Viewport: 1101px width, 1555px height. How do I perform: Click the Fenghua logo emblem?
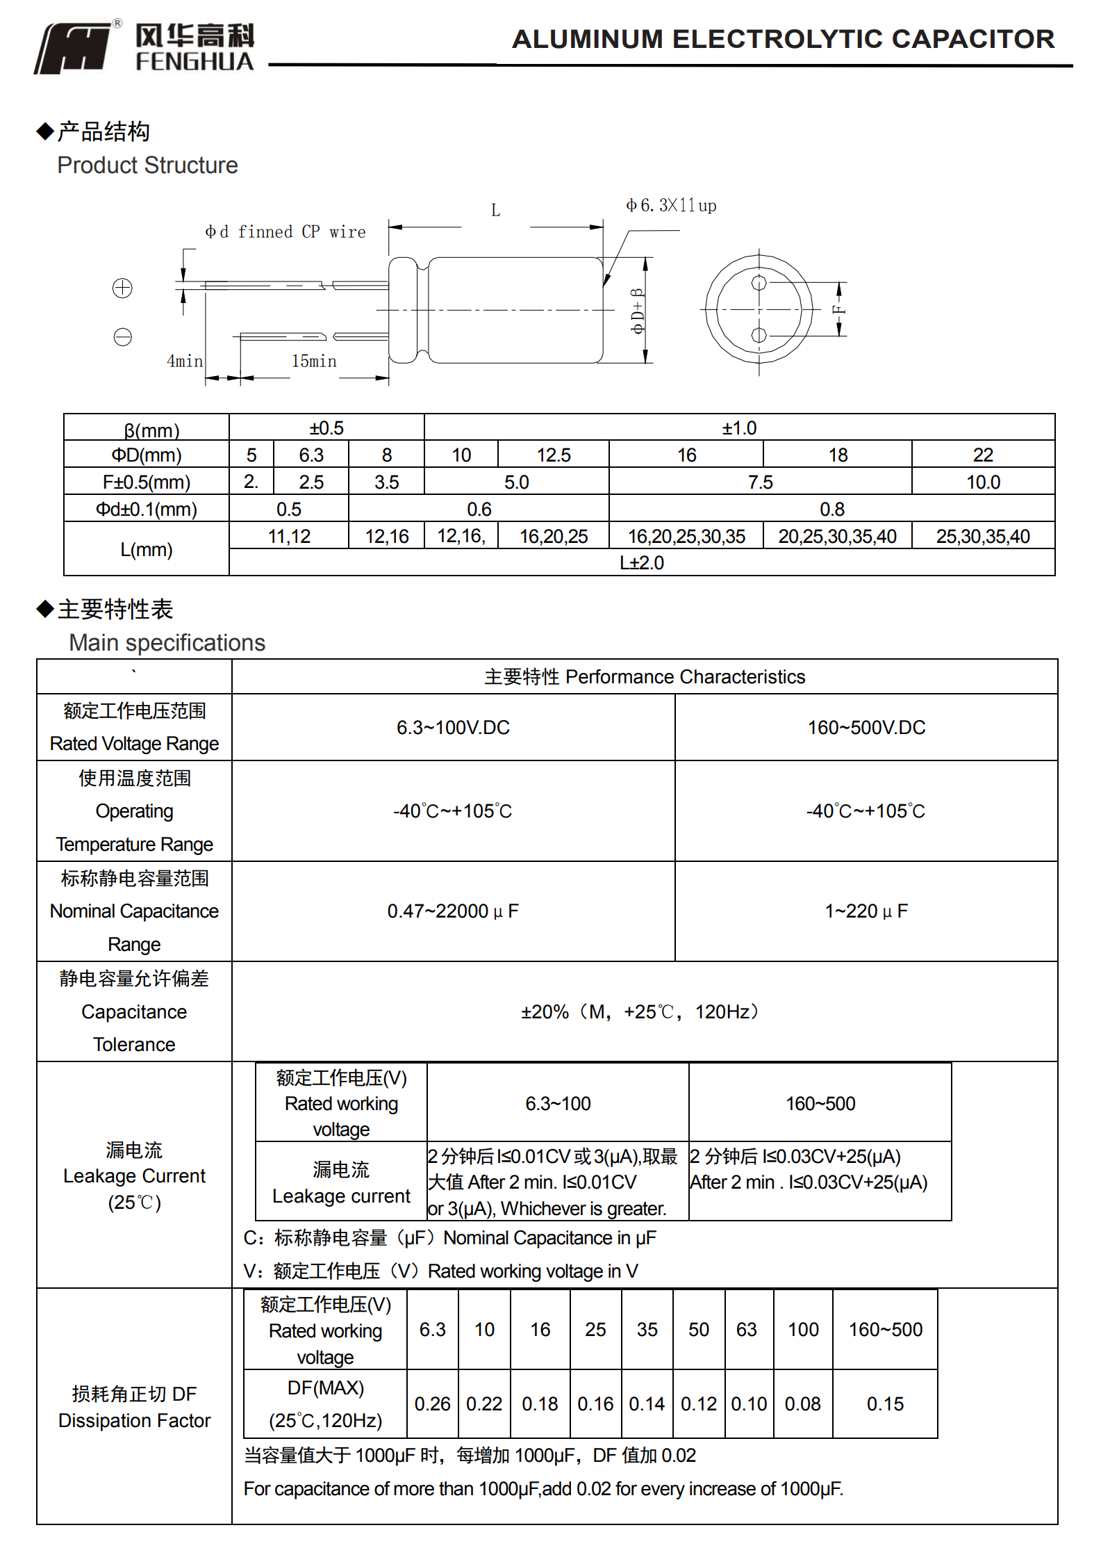tap(73, 47)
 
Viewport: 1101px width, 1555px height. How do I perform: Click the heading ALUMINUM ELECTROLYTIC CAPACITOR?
tap(783, 39)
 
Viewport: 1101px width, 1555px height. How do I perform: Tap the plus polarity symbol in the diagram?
tap(122, 288)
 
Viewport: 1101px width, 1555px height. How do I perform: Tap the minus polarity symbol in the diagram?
tap(122, 337)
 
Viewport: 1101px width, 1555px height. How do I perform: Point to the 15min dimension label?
tap(314, 361)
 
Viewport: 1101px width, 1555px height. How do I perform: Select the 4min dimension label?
tap(185, 361)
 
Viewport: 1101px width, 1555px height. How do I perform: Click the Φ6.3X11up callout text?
tap(671, 206)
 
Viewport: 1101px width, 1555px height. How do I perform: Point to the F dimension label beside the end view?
tap(839, 310)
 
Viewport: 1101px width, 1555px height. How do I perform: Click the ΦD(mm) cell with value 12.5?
tap(553, 455)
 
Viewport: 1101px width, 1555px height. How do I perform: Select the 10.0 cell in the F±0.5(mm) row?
tap(983, 482)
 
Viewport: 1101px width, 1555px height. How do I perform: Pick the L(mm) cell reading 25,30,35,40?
tap(983, 537)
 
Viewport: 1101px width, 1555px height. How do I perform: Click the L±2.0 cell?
tap(642, 563)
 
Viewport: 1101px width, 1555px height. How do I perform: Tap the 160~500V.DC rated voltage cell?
tap(866, 728)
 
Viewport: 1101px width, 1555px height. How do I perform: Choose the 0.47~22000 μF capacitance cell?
tap(453, 911)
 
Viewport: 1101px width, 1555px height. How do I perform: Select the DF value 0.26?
tap(432, 1404)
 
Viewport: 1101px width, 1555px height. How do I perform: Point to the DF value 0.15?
tap(885, 1404)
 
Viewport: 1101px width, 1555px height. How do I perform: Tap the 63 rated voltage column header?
tap(747, 1330)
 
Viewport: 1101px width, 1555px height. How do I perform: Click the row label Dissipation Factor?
tap(134, 1421)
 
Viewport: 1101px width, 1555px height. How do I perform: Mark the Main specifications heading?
tap(167, 643)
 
